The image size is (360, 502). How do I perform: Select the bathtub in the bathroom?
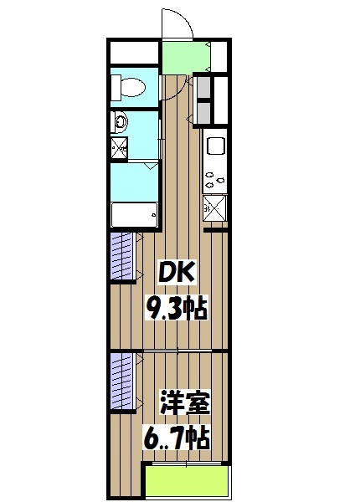click(x=135, y=214)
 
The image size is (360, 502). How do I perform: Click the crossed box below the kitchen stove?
click(x=214, y=206)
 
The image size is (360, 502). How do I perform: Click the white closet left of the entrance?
click(x=134, y=55)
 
